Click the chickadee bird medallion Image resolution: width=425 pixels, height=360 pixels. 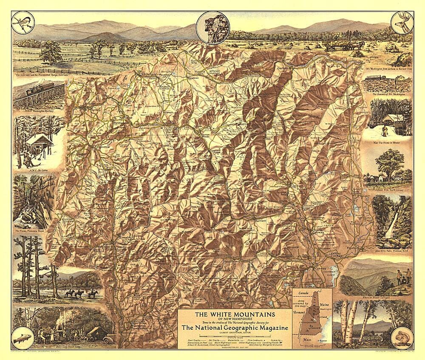click(x=23, y=23)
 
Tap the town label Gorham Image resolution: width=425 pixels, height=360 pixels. click(x=290, y=68)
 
